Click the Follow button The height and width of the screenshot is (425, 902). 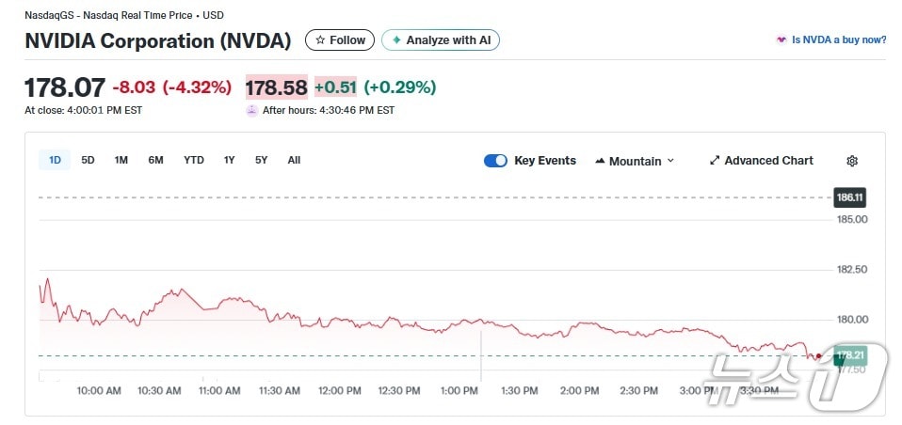(x=340, y=40)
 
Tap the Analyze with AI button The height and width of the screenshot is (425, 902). (x=440, y=40)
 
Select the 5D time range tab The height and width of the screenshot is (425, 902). (x=88, y=160)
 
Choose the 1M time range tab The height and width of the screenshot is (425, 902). (x=121, y=160)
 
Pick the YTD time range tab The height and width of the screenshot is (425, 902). (x=194, y=160)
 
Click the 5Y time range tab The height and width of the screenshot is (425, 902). (x=261, y=160)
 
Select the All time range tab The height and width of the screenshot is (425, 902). (x=294, y=160)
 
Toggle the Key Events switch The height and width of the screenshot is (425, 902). (x=495, y=161)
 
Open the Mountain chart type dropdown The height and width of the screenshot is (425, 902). (x=635, y=161)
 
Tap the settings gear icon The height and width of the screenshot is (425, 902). (x=852, y=161)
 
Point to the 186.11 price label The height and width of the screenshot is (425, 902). (x=849, y=197)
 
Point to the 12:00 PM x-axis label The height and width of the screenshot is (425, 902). (x=340, y=390)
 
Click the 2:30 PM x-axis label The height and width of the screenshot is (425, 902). (x=638, y=390)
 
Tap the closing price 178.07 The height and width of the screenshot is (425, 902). (x=64, y=87)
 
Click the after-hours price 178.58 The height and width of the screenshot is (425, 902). (x=276, y=87)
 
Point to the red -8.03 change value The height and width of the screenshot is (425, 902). (x=134, y=87)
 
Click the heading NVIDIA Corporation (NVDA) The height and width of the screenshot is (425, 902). (x=157, y=40)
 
